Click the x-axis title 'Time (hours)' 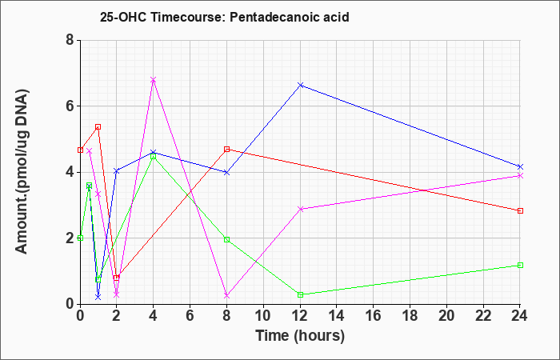pyautogui.click(x=300, y=335)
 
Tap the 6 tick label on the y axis pyautogui.click(x=70, y=106)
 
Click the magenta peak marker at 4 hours pyautogui.click(x=153, y=80)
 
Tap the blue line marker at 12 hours pyautogui.click(x=300, y=85)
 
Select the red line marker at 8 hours pyautogui.click(x=227, y=149)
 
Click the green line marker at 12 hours pyautogui.click(x=300, y=294)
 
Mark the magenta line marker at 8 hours pyautogui.click(x=227, y=295)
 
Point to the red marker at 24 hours pyautogui.click(x=520, y=210)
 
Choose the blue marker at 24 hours pyautogui.click(x=520, y=166)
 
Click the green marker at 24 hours pyautogui.click(x=520, y=265)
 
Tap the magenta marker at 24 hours pyautogui.click(x=520, y=175)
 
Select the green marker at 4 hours pyautogui.click(x=153, y=157)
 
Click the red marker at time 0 pyautogui.click(x=80, y=150)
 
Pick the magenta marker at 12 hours pyautogui.click(x=300, y=209)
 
